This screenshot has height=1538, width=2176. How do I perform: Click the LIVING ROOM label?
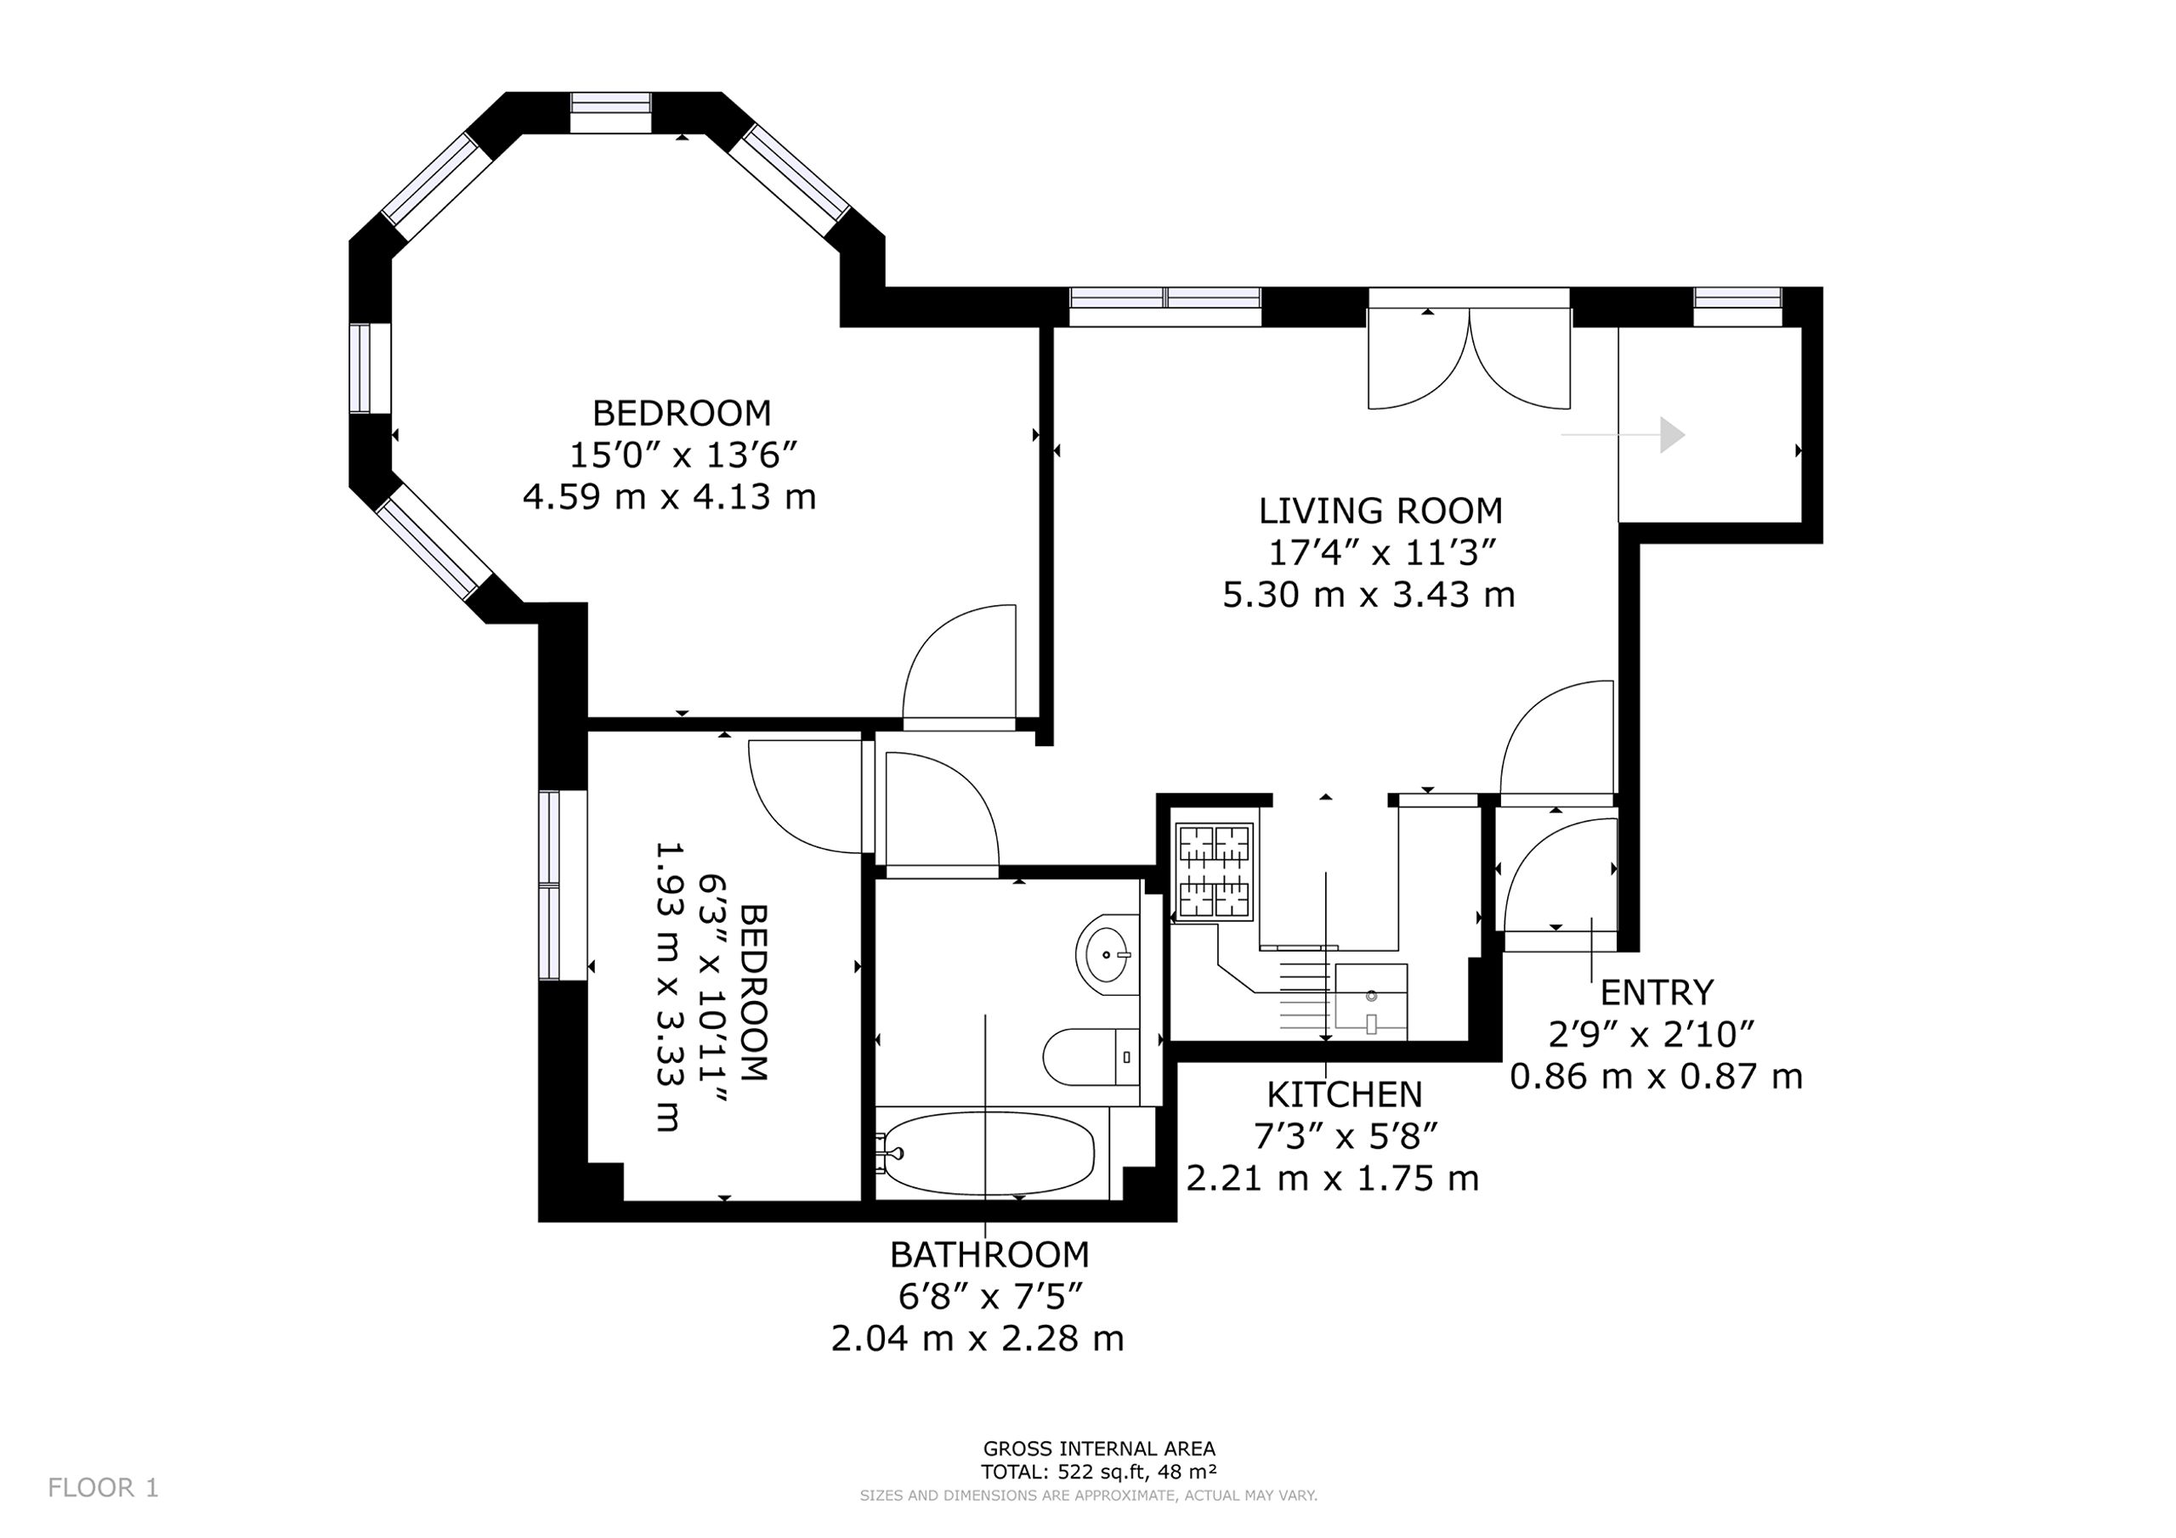(1380, 511)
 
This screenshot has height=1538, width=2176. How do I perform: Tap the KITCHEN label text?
(1344, 1094)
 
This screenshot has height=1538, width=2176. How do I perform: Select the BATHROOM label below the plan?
(989, 1255)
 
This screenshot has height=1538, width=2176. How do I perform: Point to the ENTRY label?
(1657, 992)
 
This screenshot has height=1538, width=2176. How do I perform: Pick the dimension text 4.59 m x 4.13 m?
(669, 496)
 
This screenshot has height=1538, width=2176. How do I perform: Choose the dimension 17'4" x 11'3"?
(1381, 552)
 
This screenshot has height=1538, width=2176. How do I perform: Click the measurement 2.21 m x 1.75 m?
(1333, 1178)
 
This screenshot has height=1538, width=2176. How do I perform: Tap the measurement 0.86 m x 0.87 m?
(1656, 1077)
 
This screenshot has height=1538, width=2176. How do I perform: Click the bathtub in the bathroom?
(987, 1153)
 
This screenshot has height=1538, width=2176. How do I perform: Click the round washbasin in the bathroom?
(1107, 954)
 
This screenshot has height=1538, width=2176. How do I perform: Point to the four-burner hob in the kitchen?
(1214, 871)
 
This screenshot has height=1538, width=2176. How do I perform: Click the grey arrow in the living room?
(1623, 435)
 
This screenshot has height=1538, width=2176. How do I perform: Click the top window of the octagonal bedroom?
(610, 112)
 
